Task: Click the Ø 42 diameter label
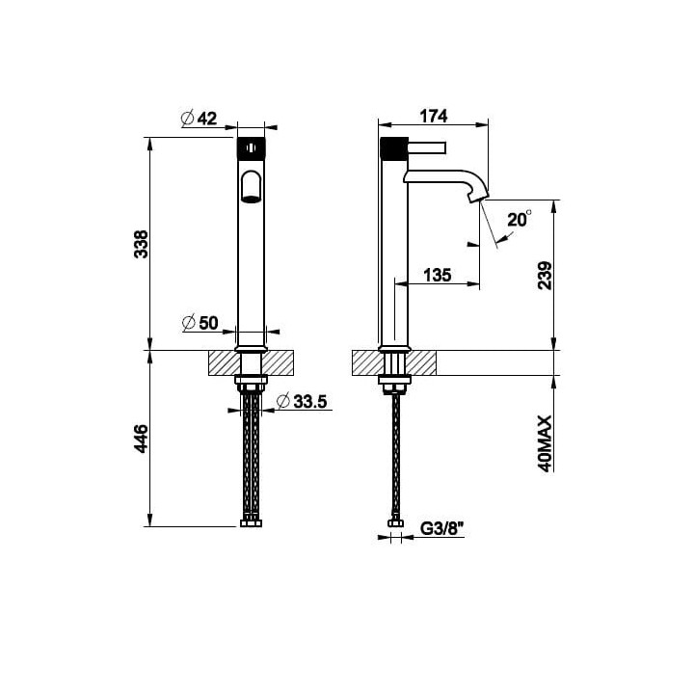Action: pyautogui.click(x=200, y=119)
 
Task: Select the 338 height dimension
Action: pyautogui.click(x=142, y=244)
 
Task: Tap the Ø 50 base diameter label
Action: pyautogui.click(x=200, y=323)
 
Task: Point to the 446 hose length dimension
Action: pyautogui.click(x=142, y=439)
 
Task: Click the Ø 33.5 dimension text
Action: pyautogui.click(x=302, y=401)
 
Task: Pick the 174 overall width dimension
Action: pyautogui.click(x=434, y=116)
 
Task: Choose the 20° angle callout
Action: pyautogui.click(x=520, y=219)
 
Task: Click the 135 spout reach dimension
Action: pyautogui.click(x=438, y=275)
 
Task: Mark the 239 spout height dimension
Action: pyautogui.click(x=545, y=276)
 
